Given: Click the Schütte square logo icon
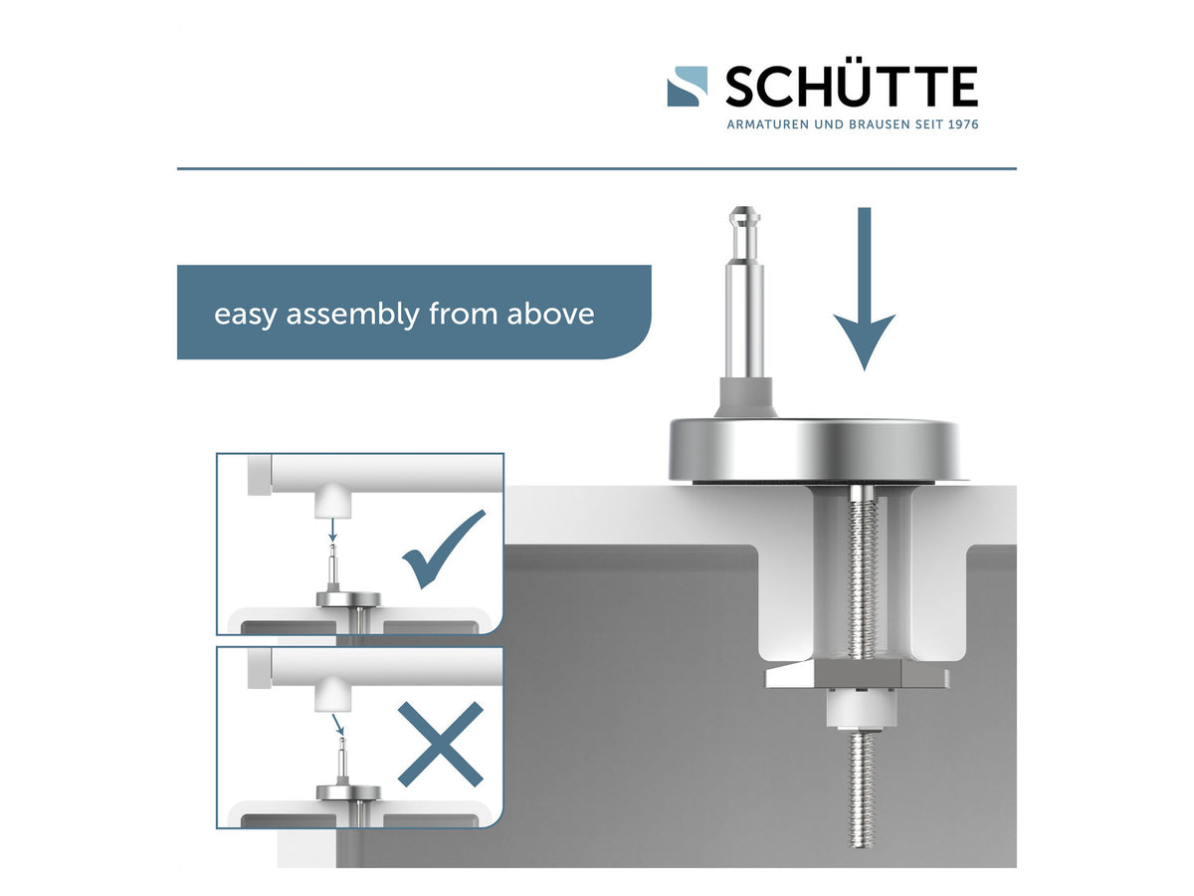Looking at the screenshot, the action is [x=687, y=86].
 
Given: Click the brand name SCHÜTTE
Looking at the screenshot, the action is [x=852, y=86].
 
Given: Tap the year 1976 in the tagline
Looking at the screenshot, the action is [x=963, y=124].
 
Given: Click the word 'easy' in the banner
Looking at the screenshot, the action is [x=245, y=316].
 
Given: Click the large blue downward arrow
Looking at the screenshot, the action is [x=864, y=289].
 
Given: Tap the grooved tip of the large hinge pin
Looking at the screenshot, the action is [x=744, y=220].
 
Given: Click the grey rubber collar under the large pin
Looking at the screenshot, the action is [x=745, y=398].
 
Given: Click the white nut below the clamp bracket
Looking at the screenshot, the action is [x=861, y=708].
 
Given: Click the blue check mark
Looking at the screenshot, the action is [x=444, y=549].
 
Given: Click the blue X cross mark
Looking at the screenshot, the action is [x=441, y=744].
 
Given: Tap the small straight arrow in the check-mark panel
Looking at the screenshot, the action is [x=333, y=530].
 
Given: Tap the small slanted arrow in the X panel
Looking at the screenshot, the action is [x=337, y=724].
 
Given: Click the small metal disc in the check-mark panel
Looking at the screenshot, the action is [x=348, y=599].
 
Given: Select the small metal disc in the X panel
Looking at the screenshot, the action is [x=348, y=792].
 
